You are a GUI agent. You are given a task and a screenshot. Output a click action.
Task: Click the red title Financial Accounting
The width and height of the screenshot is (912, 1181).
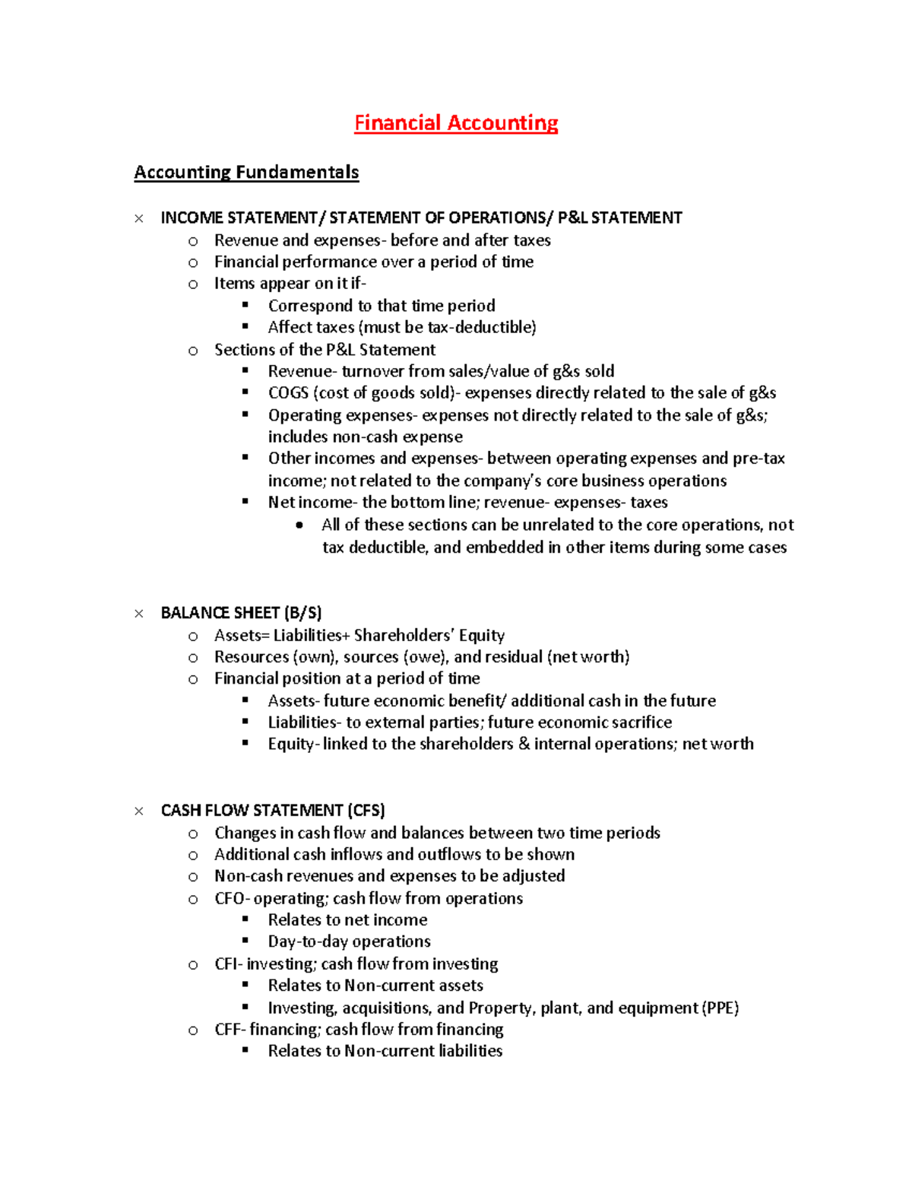[456, 123]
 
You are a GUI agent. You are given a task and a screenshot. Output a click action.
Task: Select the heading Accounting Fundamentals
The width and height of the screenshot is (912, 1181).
[246, 173]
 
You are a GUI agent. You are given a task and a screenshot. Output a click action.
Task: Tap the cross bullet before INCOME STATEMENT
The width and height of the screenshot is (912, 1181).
[139, 219]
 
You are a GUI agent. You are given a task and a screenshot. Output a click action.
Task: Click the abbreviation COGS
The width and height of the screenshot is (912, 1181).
[288, 393]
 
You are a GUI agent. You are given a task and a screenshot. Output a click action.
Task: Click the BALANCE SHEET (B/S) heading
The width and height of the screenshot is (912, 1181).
[241, 613]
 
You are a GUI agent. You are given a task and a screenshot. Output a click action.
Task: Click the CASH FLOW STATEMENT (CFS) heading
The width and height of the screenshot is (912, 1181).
[273, 811]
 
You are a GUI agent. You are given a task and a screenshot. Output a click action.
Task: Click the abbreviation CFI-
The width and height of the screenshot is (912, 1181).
[228, 964]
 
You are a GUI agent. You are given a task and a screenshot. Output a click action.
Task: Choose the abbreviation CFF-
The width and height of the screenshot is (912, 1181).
[230, 1030]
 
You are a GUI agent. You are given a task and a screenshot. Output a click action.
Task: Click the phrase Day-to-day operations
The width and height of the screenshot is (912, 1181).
[349, 942]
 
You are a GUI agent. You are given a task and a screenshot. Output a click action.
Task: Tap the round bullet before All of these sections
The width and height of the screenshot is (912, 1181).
[300, 525]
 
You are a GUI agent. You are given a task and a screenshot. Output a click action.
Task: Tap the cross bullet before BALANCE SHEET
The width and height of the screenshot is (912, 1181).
[139, 614]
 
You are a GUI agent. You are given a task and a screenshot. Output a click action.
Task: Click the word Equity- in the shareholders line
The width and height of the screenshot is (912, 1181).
[293, 744]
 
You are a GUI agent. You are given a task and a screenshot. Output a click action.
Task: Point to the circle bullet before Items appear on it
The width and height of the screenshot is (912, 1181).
[193, 284]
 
